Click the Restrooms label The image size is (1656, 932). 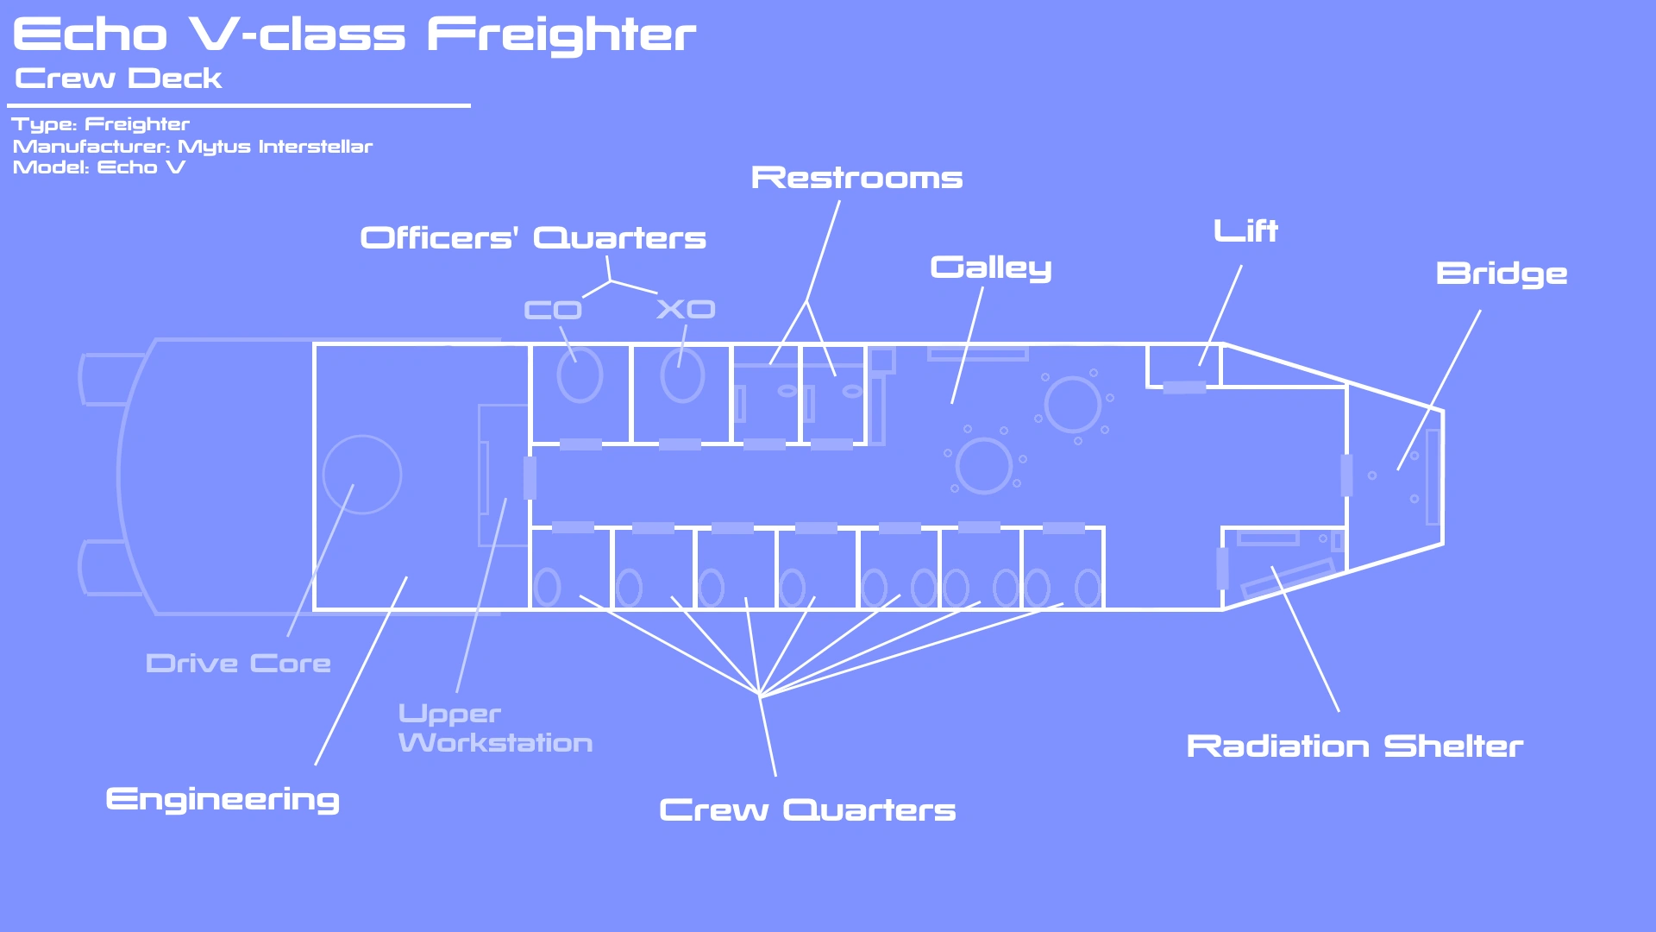coord(856,178)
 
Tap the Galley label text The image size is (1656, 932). coord(991,268)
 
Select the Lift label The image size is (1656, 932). coord(1245,231)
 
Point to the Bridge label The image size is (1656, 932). coord(1502,274)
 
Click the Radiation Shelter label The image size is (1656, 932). coord(1354,746)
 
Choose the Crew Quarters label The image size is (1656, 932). coord(807,810)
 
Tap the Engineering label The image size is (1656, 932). coord(223,800)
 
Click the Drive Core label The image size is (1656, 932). coord(238,664)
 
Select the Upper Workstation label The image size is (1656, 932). coord(495,728)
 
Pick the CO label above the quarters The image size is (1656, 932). coord(553,310)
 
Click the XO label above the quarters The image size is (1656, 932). coord(686,309)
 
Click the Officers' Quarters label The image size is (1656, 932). coord(533,238)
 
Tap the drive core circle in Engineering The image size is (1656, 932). coord(362,475)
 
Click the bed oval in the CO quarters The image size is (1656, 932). coord(580,375)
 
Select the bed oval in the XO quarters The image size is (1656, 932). coord(682,375)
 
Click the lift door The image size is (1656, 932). coord(1184,387)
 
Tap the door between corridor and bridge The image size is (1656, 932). coord(1346,475)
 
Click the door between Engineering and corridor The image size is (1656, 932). coord(530,477)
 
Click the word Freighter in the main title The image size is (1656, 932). coord(561,35)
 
